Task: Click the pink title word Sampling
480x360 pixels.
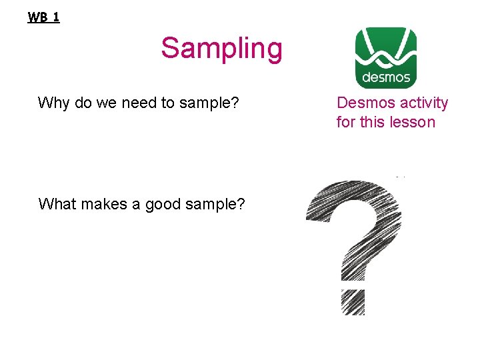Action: point(221,49)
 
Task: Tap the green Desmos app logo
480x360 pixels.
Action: point(385,58)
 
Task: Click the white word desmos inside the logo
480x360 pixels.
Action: point(386,77)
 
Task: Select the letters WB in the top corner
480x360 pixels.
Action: point(37,17)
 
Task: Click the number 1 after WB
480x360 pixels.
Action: point(55,17)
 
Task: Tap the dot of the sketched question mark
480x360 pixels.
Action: point(353,302)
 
